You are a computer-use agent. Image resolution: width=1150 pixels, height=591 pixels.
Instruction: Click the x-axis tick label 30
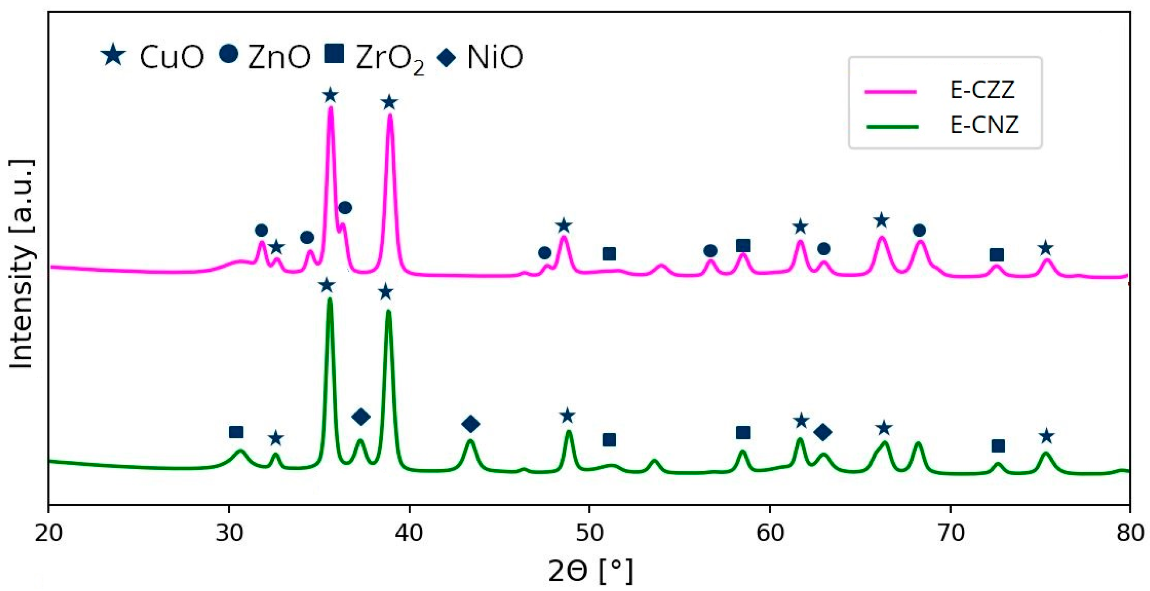[229, 533]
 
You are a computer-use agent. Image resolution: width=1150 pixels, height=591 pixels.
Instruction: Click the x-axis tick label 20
[49, 533]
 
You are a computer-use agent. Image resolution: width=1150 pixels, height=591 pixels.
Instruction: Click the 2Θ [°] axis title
[590, 571]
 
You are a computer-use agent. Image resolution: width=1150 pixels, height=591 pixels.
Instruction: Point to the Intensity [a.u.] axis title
[21, 264]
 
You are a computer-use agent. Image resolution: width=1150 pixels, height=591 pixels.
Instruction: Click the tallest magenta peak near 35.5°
[331, 108]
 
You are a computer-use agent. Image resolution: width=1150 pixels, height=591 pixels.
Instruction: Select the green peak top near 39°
[389, 312]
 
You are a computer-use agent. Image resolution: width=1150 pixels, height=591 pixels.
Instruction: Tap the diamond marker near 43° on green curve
[470, 424]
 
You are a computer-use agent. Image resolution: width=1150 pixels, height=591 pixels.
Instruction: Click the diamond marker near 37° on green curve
[361, 417]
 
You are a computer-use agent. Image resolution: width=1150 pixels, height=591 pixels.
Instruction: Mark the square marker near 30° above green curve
[236, 432]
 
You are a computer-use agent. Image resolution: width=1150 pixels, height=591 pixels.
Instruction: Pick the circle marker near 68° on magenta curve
[919, 230]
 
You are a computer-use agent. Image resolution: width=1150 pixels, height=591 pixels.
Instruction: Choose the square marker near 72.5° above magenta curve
[997, 255]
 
